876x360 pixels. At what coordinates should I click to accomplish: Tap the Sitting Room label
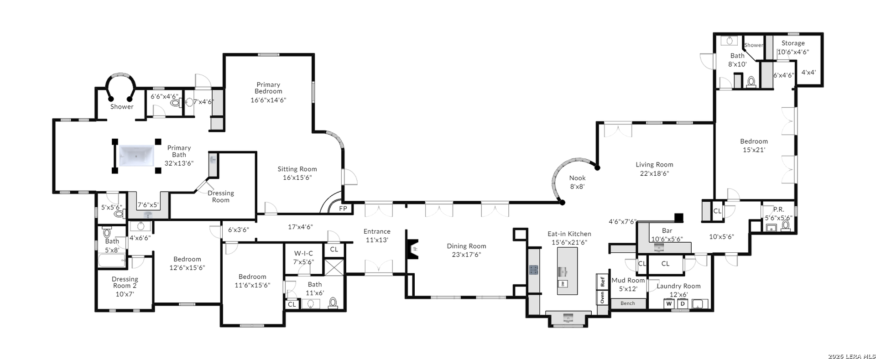pos(297,169)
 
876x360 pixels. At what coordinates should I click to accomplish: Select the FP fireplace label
pos(343,209)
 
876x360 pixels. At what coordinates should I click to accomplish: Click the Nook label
pos(577,178)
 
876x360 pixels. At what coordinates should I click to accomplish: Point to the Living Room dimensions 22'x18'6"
pos(654,173)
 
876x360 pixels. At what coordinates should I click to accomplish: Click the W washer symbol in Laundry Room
pos(669,304)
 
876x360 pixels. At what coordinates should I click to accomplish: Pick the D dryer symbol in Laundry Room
pos(683,304)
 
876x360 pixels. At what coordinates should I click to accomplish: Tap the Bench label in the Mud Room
pos(628,303)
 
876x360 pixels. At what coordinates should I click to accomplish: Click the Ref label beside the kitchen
pos(602,282)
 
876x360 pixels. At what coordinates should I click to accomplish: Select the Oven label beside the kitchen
pos(602,297)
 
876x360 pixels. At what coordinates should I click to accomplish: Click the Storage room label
pos(793,43)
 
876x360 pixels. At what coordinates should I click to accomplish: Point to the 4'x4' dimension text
pos(808,72)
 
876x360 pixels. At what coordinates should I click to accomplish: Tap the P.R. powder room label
pos(778,209)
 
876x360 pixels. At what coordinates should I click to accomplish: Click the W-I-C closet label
pos(303,253)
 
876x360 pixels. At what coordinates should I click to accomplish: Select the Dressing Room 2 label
pos(125,282)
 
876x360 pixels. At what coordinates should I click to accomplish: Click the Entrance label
pos(377,231)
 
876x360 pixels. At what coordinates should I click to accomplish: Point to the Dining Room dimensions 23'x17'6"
pos(466,255)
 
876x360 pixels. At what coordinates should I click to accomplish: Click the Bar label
pos(667,231)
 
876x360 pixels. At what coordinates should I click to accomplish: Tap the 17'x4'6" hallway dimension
pos(300,227)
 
